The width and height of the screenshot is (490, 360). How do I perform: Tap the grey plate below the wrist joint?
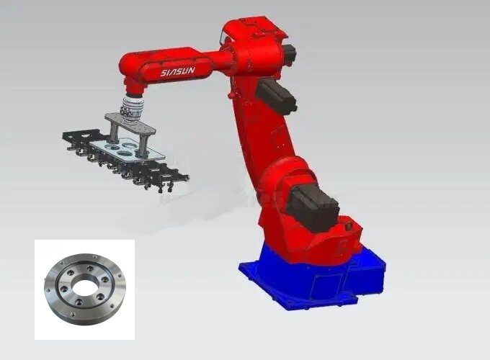click(x=130, y=122)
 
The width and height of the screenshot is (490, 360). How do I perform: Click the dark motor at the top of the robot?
click(x=288, y=53)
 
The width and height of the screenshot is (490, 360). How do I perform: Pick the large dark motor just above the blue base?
click(x=312, y=202)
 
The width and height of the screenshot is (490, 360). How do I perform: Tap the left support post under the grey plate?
click(x=115, y=133)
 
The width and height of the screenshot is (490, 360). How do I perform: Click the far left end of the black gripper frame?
click(x=67, y=136)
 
